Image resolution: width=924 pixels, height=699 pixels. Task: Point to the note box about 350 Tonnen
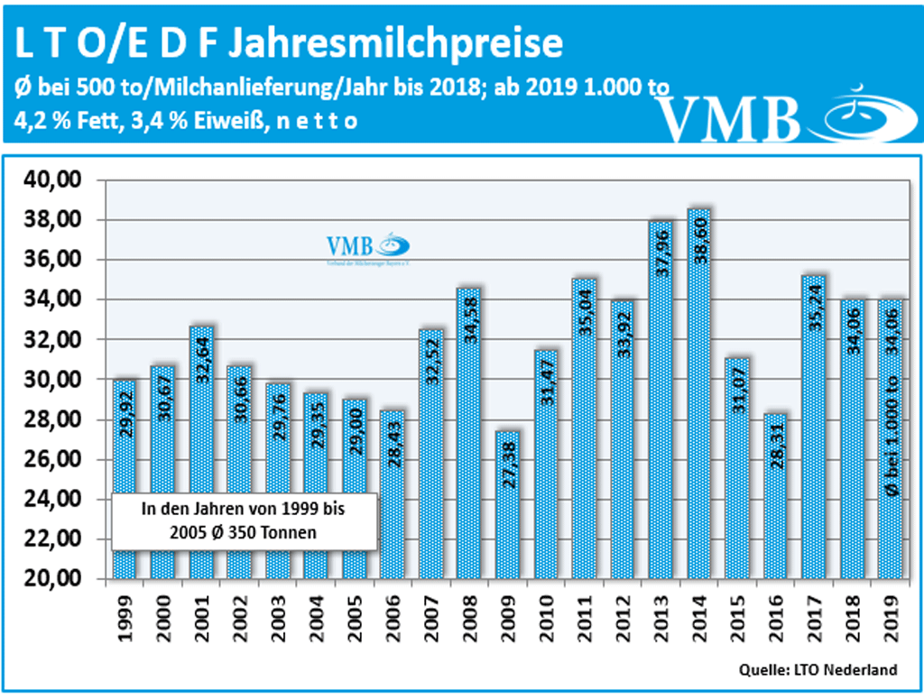pos(243,521)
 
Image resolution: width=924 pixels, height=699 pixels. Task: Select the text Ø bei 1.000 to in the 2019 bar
pos(892,433)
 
